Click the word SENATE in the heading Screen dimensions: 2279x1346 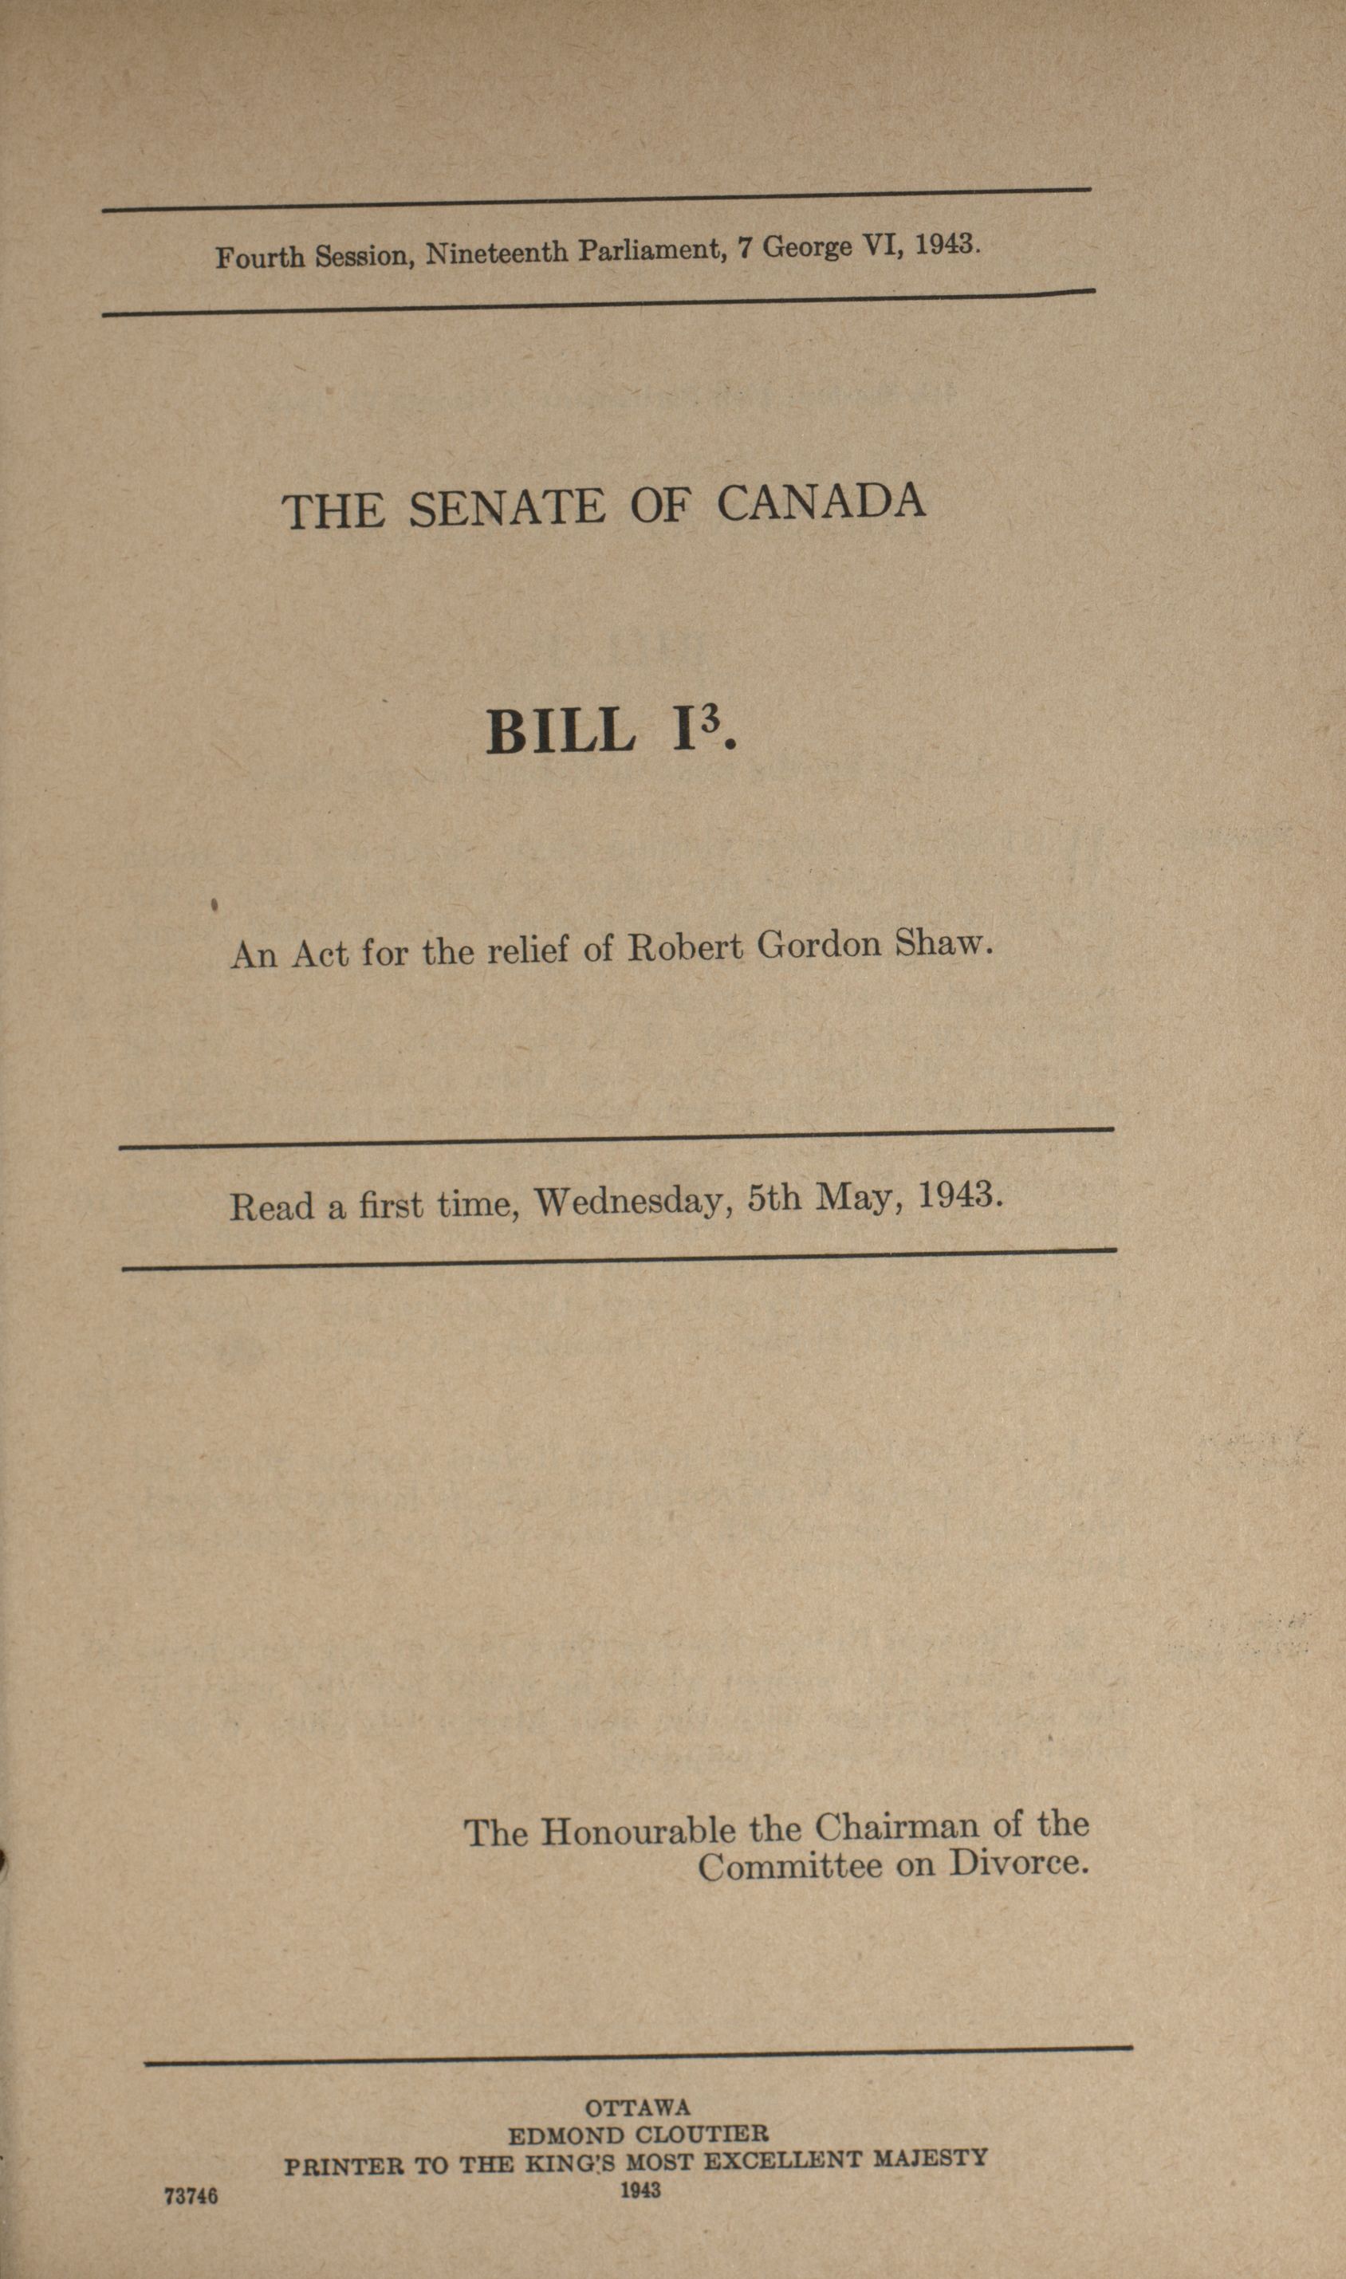(506, 508)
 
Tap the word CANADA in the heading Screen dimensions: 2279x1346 (821, 502)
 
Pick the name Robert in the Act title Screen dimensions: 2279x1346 (686, 947)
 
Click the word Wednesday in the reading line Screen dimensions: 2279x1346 (632, 1202)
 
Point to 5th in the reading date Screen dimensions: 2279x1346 (773, 1200)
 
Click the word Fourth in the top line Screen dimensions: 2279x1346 (259, 258)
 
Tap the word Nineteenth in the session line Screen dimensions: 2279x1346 (497, 253)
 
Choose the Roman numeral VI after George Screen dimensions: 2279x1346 (880, 246)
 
